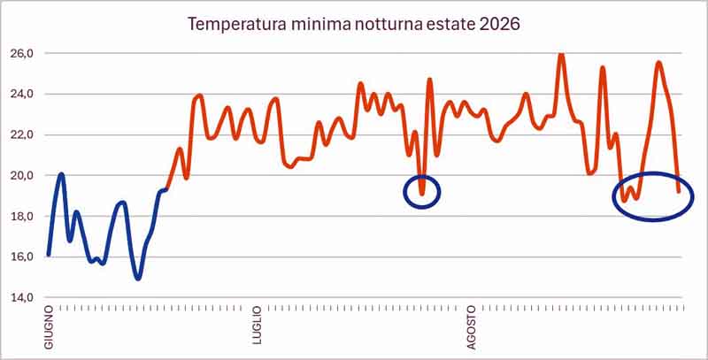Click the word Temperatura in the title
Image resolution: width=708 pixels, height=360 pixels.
coord(236,25)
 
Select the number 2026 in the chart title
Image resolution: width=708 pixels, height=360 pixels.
coord(499,24)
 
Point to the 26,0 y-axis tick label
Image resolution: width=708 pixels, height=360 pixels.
coord(21,53)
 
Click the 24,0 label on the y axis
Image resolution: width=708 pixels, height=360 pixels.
coord(21,94)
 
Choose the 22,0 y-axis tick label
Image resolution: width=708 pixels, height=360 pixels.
coord(21,134)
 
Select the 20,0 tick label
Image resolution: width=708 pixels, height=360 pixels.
coord(21,175)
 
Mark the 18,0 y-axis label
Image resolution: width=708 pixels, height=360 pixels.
coord(21,216)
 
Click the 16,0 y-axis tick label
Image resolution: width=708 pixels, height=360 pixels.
coord(21,257)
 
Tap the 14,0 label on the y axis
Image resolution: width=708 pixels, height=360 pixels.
coord(21,298)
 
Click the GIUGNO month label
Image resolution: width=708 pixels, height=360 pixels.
coord(49,326)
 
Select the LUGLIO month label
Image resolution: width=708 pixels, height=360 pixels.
coord(258,325)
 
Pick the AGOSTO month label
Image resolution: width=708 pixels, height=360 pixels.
coord(471,327)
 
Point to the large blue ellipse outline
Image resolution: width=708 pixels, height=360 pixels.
coord(613,197)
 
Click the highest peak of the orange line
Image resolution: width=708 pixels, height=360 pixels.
coord(561,55)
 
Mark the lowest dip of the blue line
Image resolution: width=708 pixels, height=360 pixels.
coord(138,279)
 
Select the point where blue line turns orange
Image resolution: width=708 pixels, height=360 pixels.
coord(166,189)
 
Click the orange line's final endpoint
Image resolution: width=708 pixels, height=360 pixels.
coord(679,192)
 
